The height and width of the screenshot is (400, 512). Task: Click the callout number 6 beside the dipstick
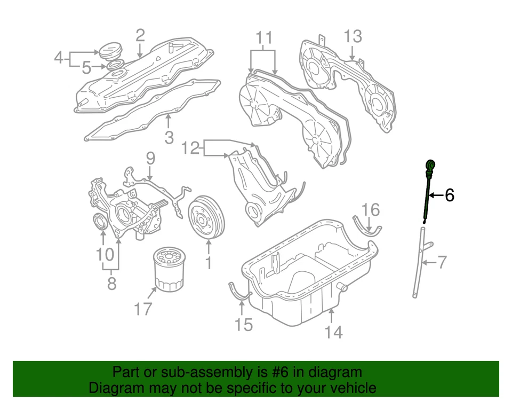[449, 195]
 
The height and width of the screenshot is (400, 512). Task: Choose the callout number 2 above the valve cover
[140, 36]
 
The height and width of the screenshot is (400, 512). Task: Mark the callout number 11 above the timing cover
[263, 38]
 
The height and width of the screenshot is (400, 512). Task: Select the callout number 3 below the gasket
[169, 138]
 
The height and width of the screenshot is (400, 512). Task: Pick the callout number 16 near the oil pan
[371, 209]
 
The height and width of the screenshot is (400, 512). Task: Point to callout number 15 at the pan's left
[243, 324]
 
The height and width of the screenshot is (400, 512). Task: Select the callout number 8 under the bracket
[111, 283]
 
